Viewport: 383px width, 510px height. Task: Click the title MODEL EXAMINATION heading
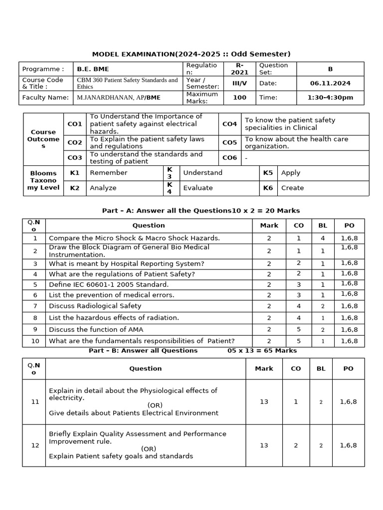point(191,54)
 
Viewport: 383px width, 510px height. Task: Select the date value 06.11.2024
point(330,83)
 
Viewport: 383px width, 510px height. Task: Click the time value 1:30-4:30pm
point(330,98)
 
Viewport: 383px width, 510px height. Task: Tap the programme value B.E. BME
point(93,69)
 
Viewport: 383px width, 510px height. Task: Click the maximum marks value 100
point(239,98)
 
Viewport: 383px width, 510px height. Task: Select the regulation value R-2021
point(239,69)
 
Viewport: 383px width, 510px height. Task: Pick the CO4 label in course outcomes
point(229,124)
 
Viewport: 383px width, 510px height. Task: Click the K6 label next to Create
point(268,188)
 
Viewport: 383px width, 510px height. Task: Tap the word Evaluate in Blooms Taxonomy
point(198,188)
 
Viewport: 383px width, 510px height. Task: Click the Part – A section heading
point(201,211)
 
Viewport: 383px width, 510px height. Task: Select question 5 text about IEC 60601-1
point(109,284)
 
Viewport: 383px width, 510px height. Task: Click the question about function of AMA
point(96,329)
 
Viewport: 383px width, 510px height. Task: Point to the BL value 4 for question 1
point(322,238)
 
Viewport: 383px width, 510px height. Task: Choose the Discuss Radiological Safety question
point(95,306)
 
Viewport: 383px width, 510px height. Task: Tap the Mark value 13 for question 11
point(264,401)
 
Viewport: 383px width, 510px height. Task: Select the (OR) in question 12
point(148,449)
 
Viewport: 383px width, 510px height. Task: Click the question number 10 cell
point(35,341)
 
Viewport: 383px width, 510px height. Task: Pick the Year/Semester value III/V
point(239,83)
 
